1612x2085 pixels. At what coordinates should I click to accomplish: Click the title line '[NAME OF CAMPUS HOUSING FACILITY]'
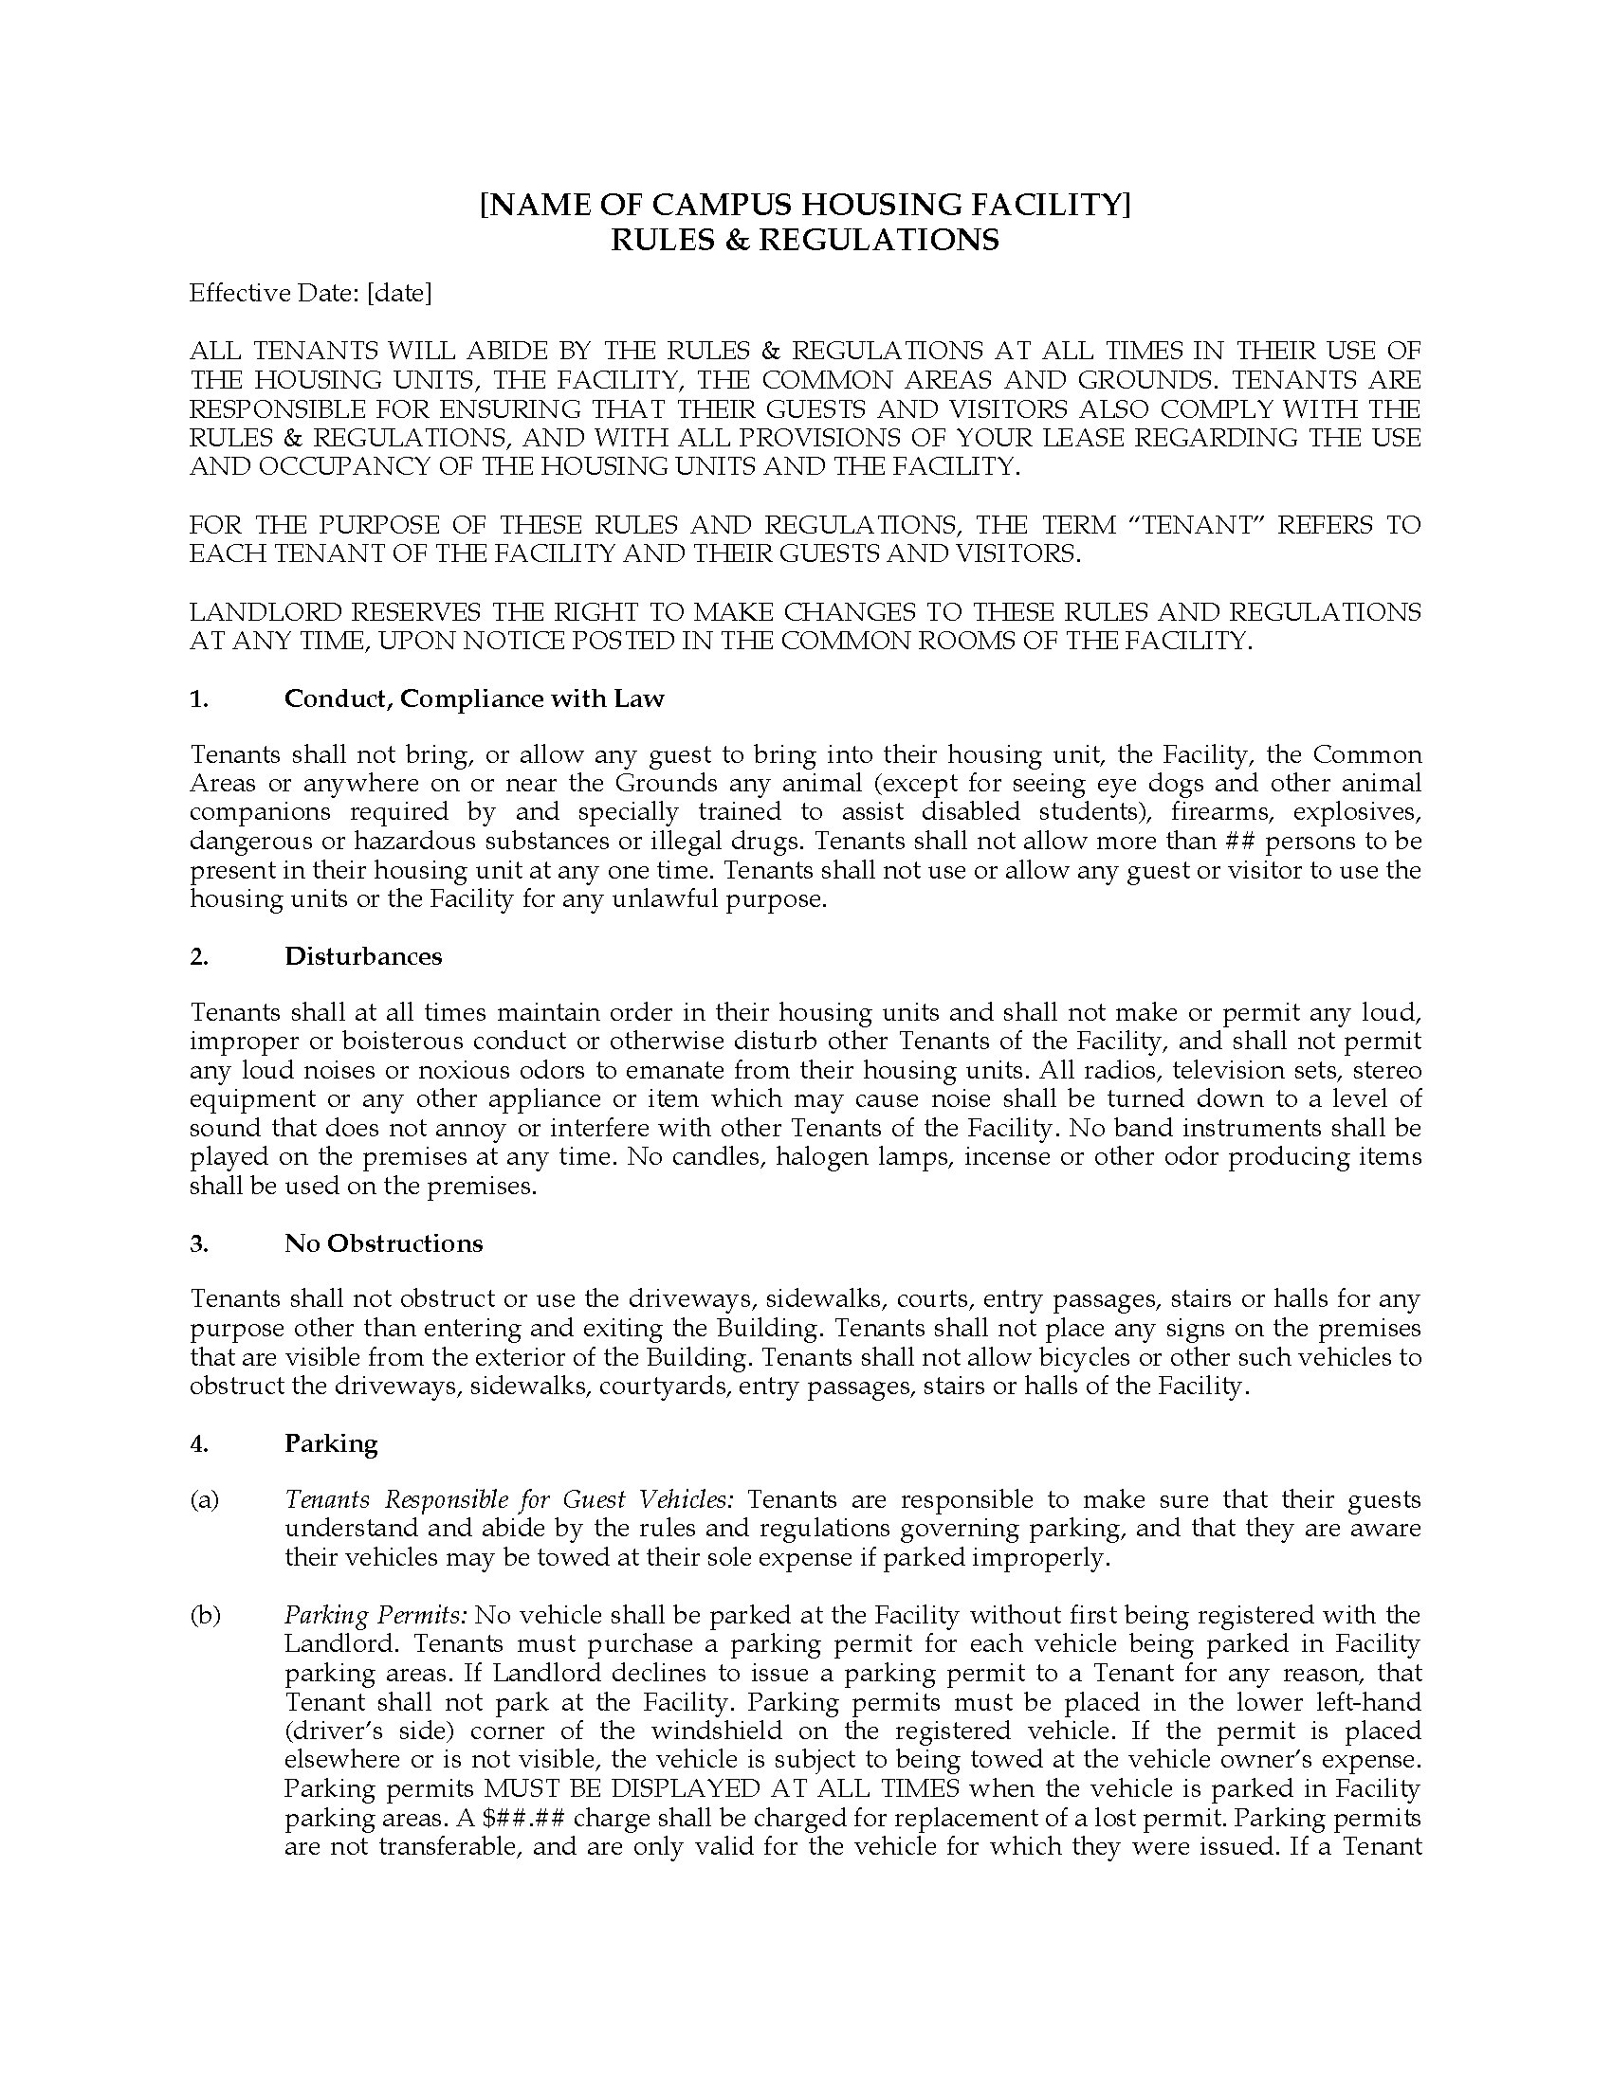click(804, 206)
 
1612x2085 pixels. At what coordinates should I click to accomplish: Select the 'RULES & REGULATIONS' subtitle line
click(804, 240)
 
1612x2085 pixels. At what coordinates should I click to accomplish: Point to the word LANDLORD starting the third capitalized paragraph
click(258, 612)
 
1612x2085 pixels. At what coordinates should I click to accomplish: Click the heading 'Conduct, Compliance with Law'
click(474, 698)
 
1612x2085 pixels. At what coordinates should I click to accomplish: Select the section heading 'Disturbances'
click(363, 956)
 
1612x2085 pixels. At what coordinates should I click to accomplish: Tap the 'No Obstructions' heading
click(383, 1243)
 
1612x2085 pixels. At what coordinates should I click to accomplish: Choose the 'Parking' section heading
click(330, 1443)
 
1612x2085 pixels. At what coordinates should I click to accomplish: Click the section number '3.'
click(198, 1243)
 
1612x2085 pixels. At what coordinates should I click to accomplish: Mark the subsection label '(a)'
click(205, 1500)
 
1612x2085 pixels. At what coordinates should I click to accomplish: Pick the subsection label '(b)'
click(205, 1615)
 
